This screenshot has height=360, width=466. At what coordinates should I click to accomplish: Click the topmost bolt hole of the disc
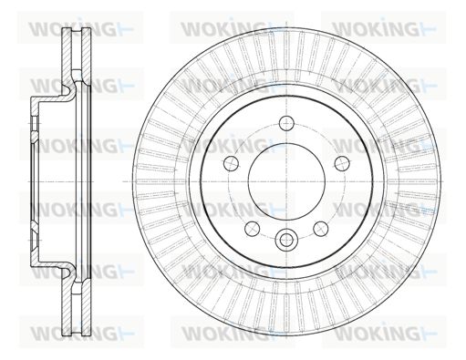pos(286,123)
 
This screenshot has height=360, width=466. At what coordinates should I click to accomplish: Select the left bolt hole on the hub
pos(231,163)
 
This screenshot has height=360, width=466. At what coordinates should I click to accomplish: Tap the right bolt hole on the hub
pos(342,163)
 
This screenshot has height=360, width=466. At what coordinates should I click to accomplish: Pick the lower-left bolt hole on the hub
pos(252,229)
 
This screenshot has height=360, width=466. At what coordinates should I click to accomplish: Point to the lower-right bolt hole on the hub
pos(321,229)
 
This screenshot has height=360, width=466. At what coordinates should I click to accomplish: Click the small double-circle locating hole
pos(286,240)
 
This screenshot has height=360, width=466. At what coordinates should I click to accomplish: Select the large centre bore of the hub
pos(286,181)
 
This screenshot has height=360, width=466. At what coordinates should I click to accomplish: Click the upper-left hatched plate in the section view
pos(67,57)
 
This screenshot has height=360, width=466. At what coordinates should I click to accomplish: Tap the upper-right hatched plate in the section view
pos(87,57)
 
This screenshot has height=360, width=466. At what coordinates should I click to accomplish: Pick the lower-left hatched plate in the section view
pos(67,303)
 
